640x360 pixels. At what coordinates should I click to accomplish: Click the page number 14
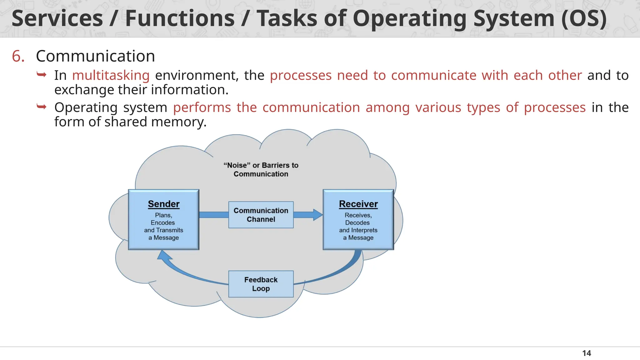587,353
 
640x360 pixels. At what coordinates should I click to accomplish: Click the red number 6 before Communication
18,56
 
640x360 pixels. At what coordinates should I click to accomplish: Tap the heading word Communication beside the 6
95,56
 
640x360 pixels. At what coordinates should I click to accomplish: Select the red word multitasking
111,75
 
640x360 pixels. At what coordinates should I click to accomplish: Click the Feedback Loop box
261,284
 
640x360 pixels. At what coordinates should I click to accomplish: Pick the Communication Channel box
261,215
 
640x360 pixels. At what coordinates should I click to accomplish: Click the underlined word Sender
163,204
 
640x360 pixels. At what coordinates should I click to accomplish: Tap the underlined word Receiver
358,204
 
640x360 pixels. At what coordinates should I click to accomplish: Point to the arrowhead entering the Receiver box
318,215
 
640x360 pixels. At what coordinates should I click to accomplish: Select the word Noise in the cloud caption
237,165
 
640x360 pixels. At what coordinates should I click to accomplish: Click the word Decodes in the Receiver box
357,222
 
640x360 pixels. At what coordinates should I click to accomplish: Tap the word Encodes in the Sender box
163,222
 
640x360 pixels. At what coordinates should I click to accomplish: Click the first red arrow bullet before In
41,75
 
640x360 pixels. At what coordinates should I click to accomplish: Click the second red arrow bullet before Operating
41,107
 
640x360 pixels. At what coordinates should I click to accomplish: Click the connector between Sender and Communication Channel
214,215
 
